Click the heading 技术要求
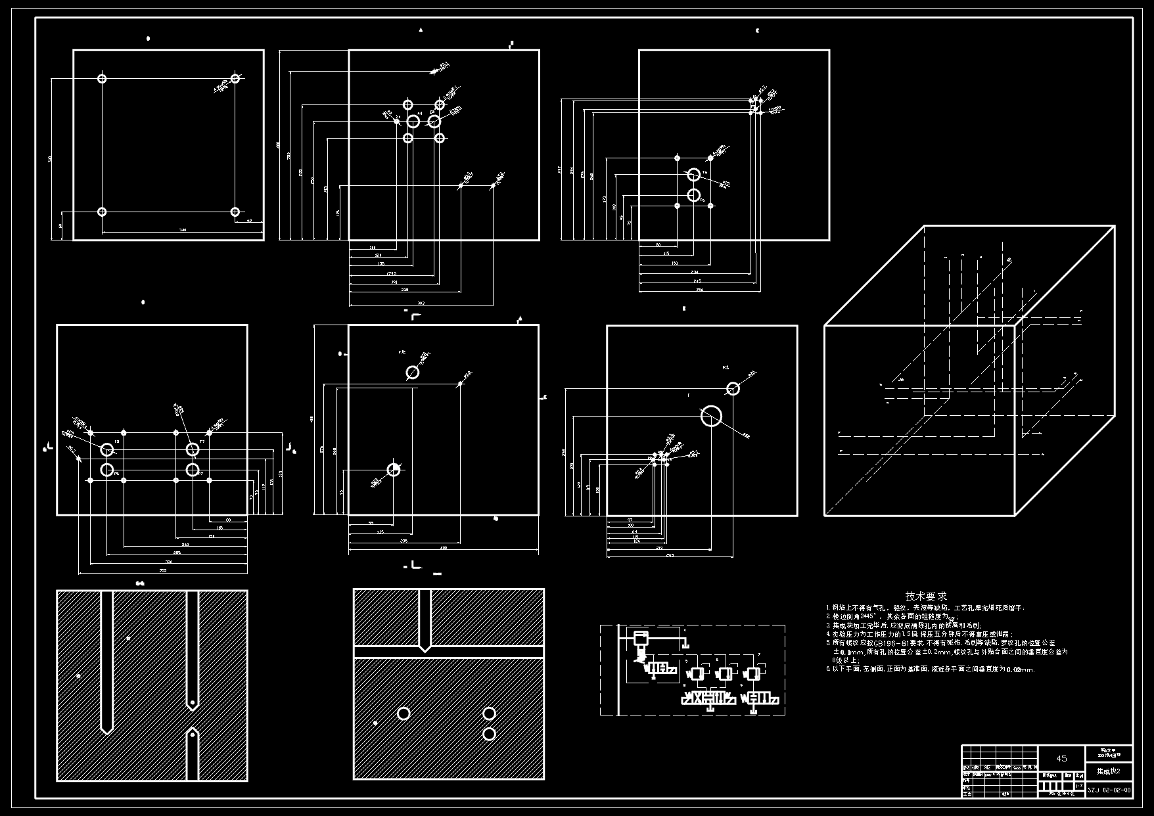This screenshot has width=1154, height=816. tap(926, 596)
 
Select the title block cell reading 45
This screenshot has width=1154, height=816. tap(1061, 758)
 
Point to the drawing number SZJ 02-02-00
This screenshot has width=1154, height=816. tap(1109, 790)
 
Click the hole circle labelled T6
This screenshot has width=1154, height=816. tap(693, 175)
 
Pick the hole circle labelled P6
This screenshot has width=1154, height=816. tap(693, 195)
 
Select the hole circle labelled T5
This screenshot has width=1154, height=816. tap(107, 449)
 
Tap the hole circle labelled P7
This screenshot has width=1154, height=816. tap(192, 470)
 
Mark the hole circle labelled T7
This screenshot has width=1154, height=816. tap(192, 449)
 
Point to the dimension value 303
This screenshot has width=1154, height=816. tap(421, 304)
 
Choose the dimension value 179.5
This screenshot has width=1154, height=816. tap(392, 273)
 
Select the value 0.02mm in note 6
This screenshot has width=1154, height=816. tap(1021, 670)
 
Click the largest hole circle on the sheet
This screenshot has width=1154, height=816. tap(711, 416)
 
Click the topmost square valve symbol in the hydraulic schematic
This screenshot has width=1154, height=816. tap(639, 637)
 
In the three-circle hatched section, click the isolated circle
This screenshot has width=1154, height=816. tap(404, 714)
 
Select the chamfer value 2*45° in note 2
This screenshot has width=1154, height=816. tap(859, 617)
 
